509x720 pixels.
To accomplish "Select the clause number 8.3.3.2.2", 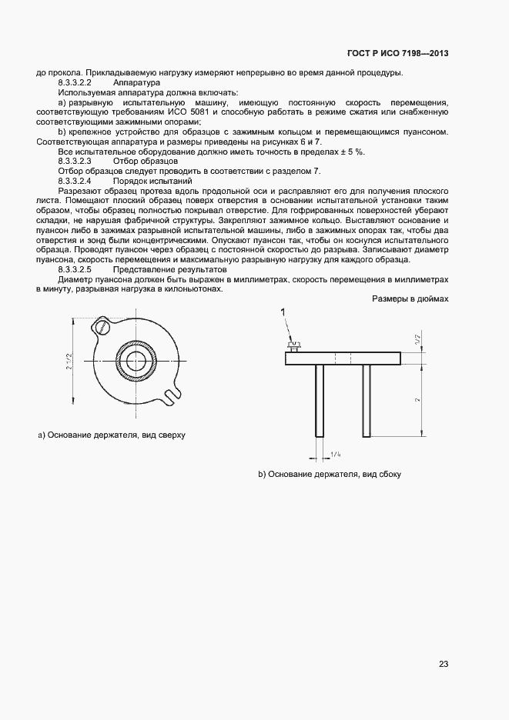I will (75, 82).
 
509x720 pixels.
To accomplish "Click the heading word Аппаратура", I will (136, 82).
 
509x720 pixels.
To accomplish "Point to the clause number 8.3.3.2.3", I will (75, 162).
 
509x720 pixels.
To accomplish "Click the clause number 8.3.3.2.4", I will (75, 181).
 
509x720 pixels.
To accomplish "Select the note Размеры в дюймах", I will (410, 298).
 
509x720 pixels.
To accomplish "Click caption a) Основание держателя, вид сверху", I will (112, 435).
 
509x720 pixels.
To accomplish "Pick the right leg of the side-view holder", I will (367, 399).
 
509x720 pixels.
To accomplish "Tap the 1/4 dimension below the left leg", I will (337, 455).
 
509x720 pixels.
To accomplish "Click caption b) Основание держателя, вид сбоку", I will (330, 475).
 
